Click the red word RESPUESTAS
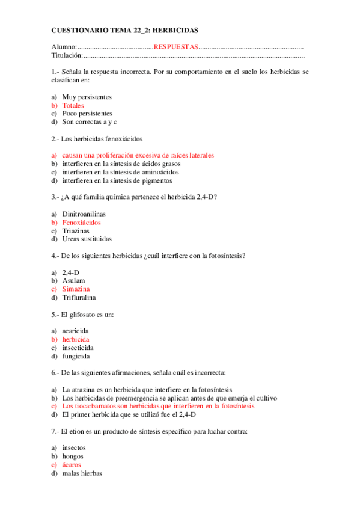tap(175, 47)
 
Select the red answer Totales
tap(73, 105)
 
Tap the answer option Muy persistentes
tap(87, 97)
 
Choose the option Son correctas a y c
tap(90, 122)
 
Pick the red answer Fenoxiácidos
tap(81, 223)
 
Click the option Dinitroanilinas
tap(82, 214)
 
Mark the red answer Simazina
tap(76, 289)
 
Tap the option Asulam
tap(73, 281)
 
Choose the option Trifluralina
tap(79, 298)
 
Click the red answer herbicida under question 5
tap(75, 339)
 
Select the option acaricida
tap(76, 331)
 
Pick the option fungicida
tap(76, 356)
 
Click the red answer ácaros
tap(72, 464)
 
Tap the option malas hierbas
tap(82, 473)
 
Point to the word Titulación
tap(66, 55)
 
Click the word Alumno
tap(63, 47)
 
